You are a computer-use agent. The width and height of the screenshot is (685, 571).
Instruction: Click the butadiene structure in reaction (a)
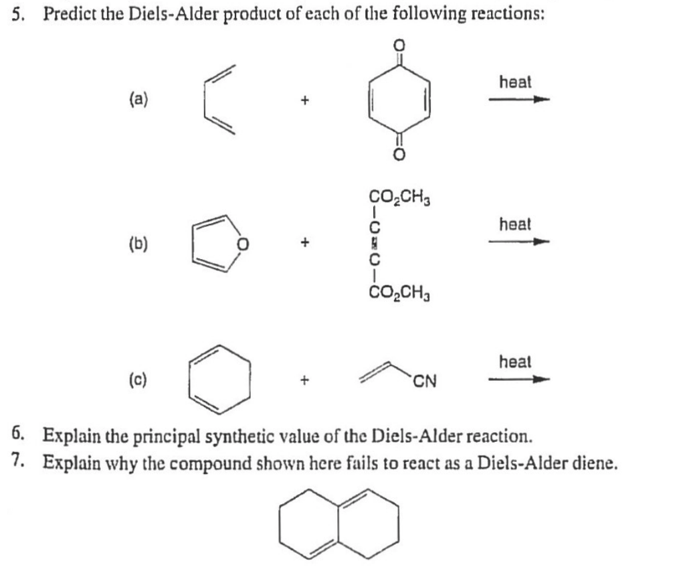click(x=204, y=100)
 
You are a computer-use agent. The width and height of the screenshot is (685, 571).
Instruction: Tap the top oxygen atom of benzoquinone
click(x=399, y=45)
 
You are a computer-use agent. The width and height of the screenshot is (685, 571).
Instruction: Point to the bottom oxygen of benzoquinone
click(x=399, y=155)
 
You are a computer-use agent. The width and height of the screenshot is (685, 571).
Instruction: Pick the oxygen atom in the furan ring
click(x=243, y=244)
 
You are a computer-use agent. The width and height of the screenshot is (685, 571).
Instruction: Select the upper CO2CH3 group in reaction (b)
click(x=400, y=197)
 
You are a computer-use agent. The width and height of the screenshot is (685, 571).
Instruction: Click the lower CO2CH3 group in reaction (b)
click(x=400, y=291)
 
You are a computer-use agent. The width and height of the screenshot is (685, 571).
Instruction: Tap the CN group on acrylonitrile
click(x=425, y=382)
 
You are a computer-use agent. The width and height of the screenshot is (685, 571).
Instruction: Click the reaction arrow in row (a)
click(x=519, y=100)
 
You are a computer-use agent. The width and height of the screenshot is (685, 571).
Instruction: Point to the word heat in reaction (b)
click(x=516, y=224)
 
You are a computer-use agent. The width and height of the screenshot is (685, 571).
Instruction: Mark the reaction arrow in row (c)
click(x=519, y=380)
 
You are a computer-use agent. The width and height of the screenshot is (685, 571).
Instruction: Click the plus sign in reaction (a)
click(x=305, y=100)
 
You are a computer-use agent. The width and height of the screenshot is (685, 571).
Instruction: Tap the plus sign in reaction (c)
click(x=305, y=380)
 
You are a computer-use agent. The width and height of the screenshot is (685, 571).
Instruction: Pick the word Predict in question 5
click(x=70, y=15)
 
